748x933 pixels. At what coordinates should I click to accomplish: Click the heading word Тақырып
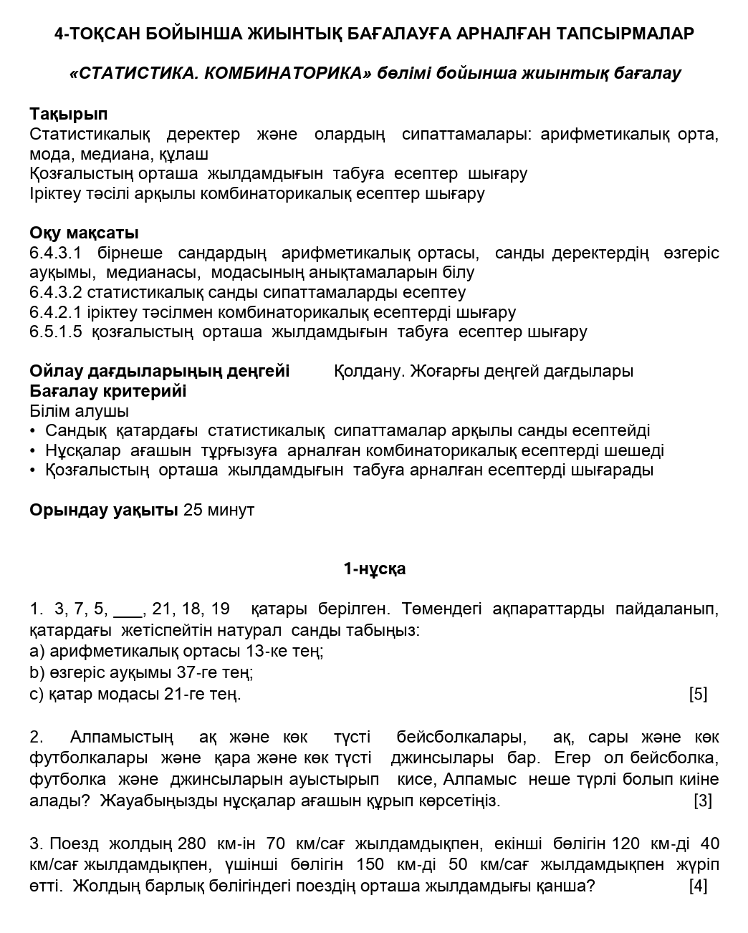point(69,114)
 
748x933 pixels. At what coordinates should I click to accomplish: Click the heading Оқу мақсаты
point(84,233)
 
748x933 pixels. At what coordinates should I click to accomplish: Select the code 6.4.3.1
point(56,253)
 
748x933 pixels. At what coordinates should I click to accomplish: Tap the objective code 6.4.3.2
point(56,292)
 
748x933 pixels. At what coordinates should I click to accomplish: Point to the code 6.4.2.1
point(56,312)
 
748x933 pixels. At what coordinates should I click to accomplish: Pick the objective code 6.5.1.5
point(56,332)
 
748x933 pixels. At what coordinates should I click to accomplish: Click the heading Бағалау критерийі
point(107,391)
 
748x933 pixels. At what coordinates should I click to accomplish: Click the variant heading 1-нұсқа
point(374,569)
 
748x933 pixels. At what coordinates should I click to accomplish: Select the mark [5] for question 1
point(698,694)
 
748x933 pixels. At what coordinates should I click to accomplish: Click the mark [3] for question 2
point(702,801)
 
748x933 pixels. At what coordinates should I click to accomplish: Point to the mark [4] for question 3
point(698,886)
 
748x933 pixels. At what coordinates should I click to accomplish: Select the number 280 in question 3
point(191,843)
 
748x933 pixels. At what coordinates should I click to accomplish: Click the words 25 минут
point(219,510)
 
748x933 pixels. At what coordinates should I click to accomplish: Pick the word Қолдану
point(370,371)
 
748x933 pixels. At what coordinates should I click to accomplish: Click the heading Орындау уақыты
point(104,510)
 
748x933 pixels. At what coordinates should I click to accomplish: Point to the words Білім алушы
point(80,411)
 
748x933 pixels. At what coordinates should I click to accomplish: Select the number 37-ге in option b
point(215,672)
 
